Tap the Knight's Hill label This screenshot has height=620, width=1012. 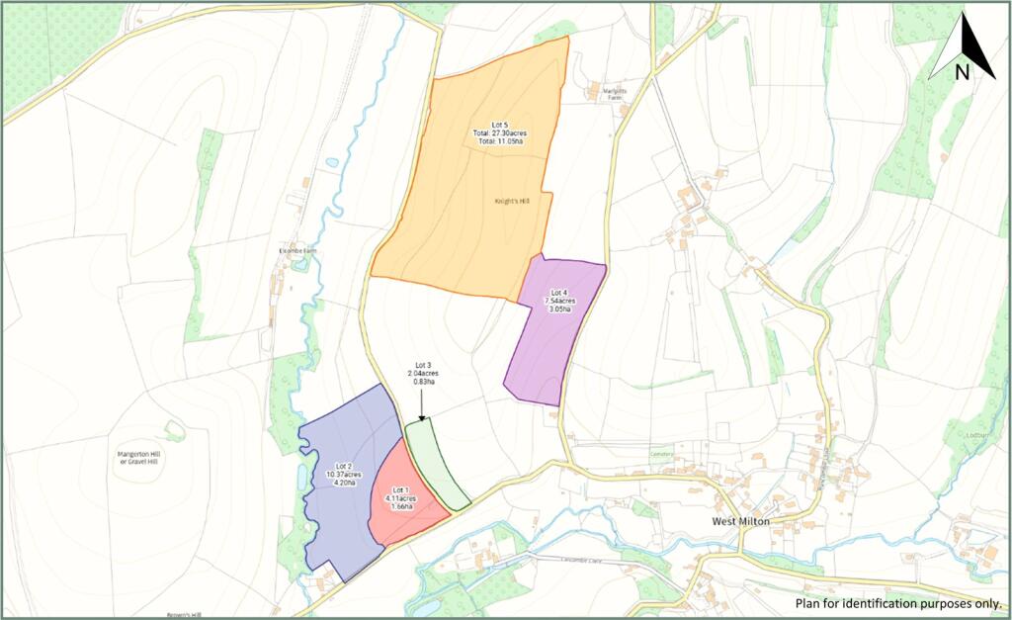tap(514, 201)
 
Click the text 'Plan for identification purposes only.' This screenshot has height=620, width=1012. tap(897, 602)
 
